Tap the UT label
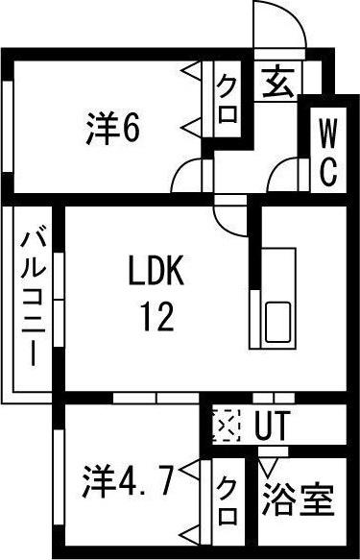(x=272, y=425)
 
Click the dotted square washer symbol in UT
(x=225, y=424)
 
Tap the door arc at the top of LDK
(x=230, y=215)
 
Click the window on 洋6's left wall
(x=8, y=129)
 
